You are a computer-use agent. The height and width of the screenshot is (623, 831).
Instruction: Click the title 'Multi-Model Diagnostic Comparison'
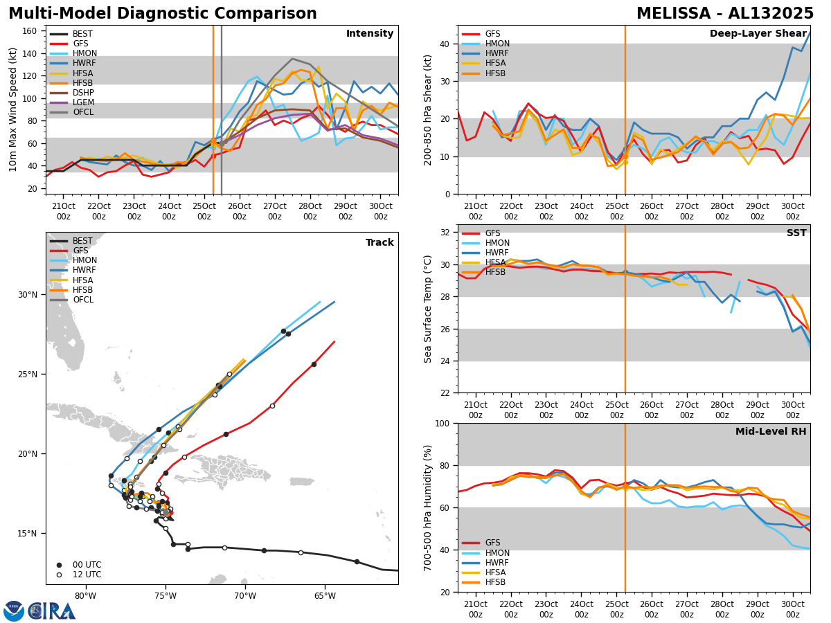coord(163,14)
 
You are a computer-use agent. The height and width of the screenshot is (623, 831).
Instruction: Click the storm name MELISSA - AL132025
coord(725,14)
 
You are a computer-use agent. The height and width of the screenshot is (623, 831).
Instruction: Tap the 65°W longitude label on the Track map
coord(324,596)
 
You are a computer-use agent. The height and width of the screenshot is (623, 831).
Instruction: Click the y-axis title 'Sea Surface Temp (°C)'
coord(428,309)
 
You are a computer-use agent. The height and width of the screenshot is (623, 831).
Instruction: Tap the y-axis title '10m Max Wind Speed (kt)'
coord(13,109)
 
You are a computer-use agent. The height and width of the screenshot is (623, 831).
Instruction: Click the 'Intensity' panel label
coord(370,34)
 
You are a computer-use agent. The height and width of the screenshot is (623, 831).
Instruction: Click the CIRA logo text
coord(52,611)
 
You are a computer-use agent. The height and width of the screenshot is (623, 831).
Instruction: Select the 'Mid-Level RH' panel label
coord(771,432)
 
